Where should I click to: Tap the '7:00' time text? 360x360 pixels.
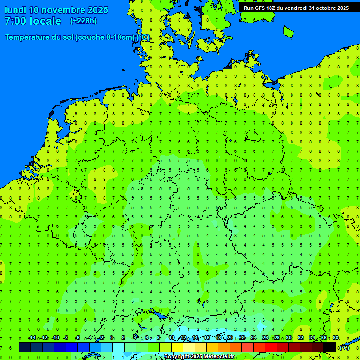coord(15,21)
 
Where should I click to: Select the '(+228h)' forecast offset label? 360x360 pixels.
coord(83,21)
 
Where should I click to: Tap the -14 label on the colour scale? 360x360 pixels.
coord(32,338)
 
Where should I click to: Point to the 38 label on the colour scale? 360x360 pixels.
coord(336,338)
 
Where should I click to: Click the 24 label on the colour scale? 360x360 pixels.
coord(254,338)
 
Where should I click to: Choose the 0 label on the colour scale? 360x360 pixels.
coord(112,338)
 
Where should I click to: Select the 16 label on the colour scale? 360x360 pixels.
coord(207,338)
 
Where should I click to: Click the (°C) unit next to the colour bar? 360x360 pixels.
coord(344,347)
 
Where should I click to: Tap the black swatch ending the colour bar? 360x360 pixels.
coord(330,347)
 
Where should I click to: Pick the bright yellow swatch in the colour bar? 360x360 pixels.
coord(177,347)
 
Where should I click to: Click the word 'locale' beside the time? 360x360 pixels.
coord(45,21)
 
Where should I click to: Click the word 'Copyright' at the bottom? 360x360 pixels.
coord(176,357)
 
